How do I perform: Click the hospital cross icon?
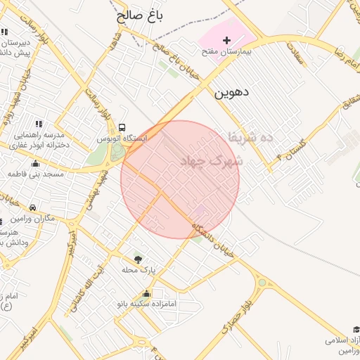(226, 41)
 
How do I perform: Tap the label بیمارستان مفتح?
(227, 52)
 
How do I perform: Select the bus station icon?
(122, 128)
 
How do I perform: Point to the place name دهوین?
(232, 91)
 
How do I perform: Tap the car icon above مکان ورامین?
(34, 208)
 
